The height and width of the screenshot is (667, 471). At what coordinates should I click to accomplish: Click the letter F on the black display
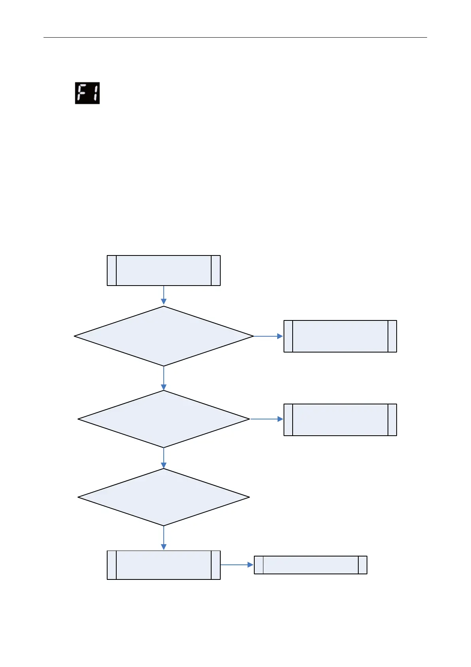tap(82, 93)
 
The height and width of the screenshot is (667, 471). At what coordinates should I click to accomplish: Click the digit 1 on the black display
tap(94, 93)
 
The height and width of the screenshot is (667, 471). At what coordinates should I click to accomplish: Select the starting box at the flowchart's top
tap(164, 271)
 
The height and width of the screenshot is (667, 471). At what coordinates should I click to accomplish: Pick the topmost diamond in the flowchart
tap(164, 336)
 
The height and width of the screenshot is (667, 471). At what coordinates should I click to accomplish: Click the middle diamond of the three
tap(164, 419)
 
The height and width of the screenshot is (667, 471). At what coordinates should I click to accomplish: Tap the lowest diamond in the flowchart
tap(164, 497)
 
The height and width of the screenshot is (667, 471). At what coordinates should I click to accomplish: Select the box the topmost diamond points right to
tap(340, 336)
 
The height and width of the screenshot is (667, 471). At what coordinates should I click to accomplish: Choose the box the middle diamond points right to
tap(340, 420)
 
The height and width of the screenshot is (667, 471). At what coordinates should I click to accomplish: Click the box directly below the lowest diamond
tap(164, 565)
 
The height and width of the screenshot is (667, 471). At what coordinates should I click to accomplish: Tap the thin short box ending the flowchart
tap(310, 565)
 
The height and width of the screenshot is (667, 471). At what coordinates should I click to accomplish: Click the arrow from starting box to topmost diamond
tap(164, 295)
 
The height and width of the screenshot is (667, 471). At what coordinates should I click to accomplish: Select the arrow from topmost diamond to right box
tap(268, 336)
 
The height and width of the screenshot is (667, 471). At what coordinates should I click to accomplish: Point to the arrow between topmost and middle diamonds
tap(164, 378)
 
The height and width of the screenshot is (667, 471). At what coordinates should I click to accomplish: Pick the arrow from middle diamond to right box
tap(267, 419)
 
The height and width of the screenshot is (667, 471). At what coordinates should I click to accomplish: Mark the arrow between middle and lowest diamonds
tap(164, 458)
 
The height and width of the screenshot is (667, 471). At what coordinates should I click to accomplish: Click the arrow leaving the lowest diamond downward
tap(164, 538)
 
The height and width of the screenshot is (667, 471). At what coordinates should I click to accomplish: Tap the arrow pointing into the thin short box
tap(237, 565)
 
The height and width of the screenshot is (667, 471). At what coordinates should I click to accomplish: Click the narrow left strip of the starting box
tap(112, 271)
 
